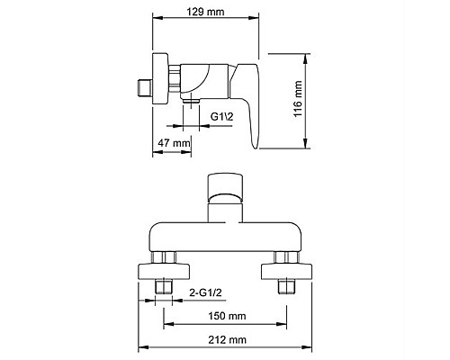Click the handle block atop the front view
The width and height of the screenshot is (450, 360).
(225, 185)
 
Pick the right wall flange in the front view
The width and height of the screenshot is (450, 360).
(285, 271)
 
